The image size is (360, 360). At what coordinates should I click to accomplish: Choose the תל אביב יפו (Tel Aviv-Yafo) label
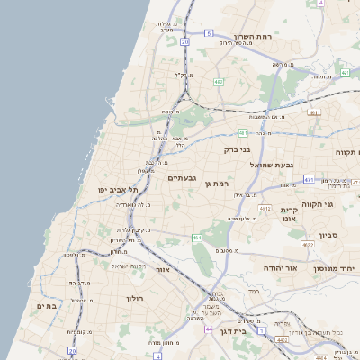click(x=118, y=190)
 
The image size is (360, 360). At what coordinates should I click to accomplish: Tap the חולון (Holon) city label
click(x=135, y=298)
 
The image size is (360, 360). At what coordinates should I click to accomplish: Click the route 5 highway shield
click(x=209, y=33)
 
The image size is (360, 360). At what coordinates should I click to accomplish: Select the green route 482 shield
click(x=218, y=82)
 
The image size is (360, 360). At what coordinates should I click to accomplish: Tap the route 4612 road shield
click(x=265, y=208)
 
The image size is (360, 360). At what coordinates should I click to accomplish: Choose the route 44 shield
click(x=209, y=329)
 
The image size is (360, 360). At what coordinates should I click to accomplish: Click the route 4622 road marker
click(x=308, y=244)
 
